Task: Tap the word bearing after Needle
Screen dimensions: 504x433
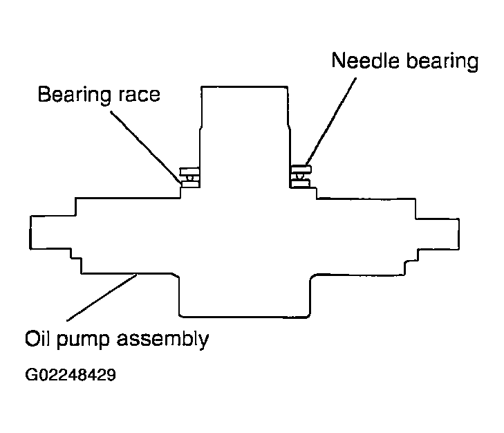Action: [442, 62]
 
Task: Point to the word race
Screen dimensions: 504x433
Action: [140, 96]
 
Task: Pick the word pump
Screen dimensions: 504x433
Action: [83, 341]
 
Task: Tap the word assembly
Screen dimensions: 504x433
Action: [162, 340]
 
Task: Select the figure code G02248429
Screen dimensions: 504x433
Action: [71, 375]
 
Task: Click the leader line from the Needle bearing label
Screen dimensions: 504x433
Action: [331, 121]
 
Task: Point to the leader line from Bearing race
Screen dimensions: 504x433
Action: [146, 147]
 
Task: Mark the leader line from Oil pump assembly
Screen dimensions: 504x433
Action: [102, 297]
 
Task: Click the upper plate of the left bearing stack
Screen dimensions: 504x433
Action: [189, 172]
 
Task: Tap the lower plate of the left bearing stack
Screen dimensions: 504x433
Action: [191, 184]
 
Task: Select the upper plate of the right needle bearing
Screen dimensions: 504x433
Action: [301, 169]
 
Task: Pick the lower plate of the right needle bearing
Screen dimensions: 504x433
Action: [300, 183]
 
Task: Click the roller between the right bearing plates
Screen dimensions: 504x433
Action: [300, 176]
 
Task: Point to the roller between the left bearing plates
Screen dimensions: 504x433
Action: [190, 178]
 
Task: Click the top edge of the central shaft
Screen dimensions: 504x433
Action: [244, 86]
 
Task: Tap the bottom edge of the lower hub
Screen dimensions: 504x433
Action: [244, 317]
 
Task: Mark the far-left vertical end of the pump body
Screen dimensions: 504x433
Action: [30, 232]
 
